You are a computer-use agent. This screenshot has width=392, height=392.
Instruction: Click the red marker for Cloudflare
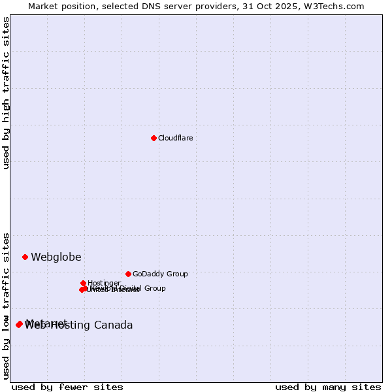[154, 138]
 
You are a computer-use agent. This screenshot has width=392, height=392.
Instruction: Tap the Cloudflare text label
[175, 138]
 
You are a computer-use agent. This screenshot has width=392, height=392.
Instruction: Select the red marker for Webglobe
[25, 257]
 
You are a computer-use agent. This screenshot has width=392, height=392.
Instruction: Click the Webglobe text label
[56, 257]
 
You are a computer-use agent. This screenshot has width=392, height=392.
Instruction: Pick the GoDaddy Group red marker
[128, 274]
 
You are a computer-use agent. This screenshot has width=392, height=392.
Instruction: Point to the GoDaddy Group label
[160, 274]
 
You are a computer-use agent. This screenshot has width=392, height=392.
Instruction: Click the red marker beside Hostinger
[83, 283]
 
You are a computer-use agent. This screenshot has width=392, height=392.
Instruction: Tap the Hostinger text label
[105, 283]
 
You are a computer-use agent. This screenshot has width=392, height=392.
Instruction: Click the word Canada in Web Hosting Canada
[115, 325]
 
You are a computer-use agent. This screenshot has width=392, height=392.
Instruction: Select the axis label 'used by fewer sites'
[67, 387]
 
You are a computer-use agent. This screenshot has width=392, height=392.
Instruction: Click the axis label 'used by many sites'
[328, 387]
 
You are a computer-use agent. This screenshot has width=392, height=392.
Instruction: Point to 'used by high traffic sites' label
[7, 93]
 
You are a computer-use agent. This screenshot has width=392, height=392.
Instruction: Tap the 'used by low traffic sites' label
[7, 306]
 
